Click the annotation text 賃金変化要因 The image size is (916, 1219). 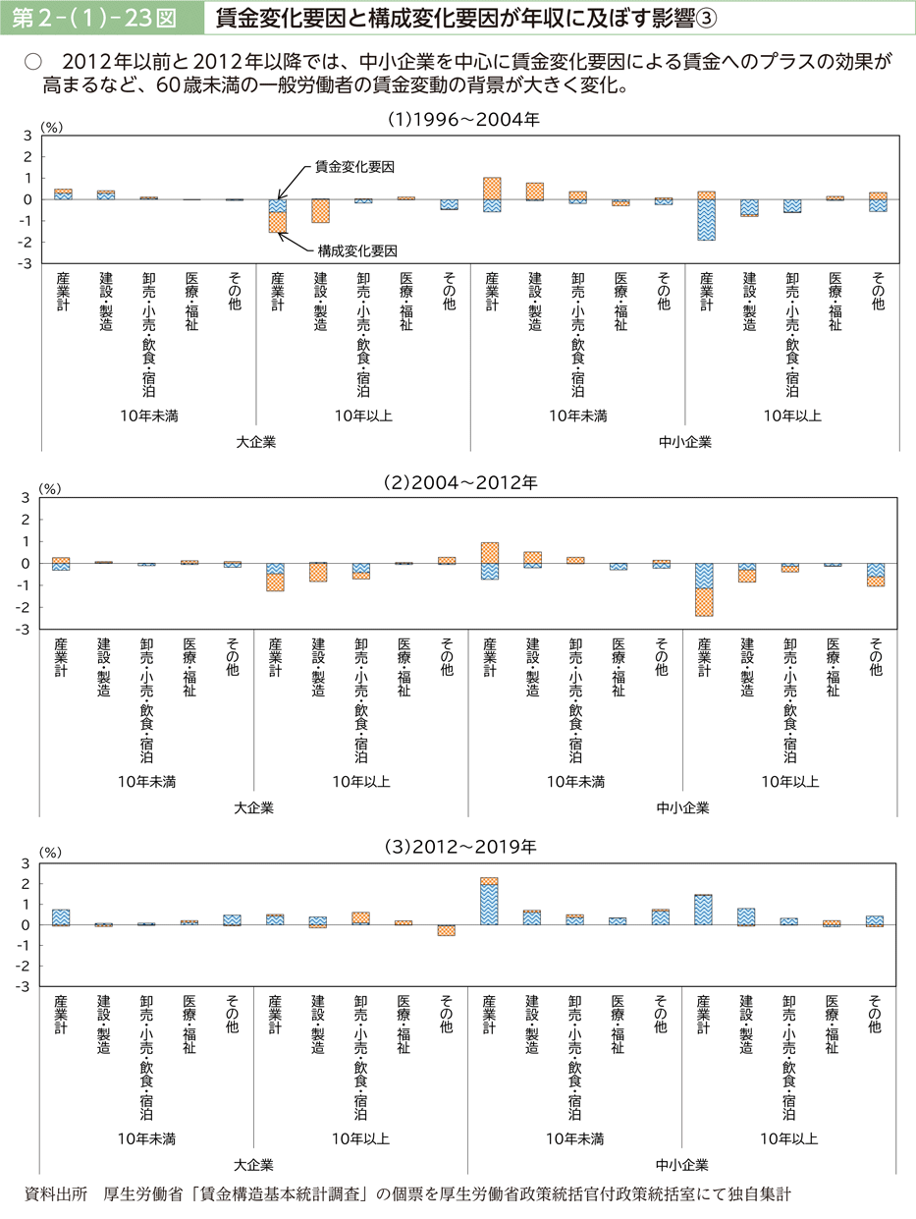[354, 167]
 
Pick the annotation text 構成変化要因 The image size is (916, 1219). [354, 250]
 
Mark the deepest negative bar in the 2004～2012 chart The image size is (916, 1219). [704, 589]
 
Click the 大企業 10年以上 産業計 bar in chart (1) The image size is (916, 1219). [278, 215]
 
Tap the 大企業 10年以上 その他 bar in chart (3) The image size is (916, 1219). [447, 929]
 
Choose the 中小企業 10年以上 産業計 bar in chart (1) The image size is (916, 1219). [707, 216]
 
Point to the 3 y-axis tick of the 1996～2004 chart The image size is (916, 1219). [27, 136]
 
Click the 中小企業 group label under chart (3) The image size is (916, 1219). [683, 1165]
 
